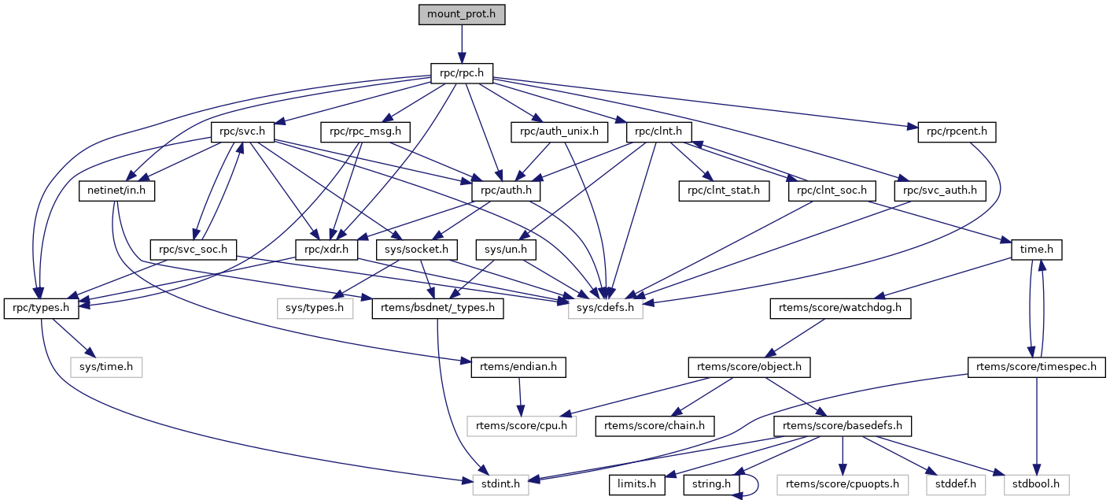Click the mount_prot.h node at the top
[461, 14]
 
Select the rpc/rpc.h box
[461, 75]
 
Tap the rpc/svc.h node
[242, 132]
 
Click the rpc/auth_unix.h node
[559, 132]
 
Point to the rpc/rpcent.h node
[956, 132]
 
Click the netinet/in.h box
[116, 191]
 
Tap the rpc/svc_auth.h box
[939, 191]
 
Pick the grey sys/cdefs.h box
[606, 309]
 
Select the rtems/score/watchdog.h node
[839, 309]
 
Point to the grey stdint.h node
[501, 484]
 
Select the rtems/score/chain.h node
[655, 426]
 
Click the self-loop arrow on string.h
[757, 484]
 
